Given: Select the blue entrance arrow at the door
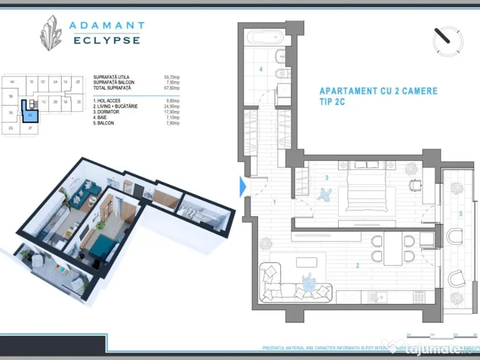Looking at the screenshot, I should [242, 187].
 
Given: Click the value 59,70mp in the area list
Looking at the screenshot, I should [170, 77].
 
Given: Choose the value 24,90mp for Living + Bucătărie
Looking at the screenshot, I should [170, 106].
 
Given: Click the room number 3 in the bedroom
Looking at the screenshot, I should [327, 178].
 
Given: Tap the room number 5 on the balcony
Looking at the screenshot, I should [461, 214].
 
